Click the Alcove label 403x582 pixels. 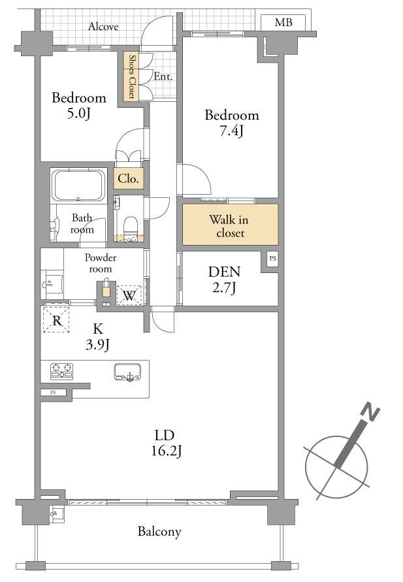pos(103,26)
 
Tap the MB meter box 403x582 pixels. pos(283,23)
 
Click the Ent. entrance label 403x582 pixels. pos(163,76)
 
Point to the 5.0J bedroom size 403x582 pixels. pos(78,113)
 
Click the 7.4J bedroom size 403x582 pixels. pos(231,131)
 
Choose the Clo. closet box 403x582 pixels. pos(129,178)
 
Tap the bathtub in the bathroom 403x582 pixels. pos(78,186)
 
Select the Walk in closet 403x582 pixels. pos(230,225)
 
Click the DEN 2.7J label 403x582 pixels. pos(225,280)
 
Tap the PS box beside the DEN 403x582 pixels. pos(273,258)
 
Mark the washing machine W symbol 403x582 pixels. pos(129,295)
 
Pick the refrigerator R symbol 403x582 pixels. pos(56,320)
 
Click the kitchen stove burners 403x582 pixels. pos(61,372)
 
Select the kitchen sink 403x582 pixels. pos(127,372)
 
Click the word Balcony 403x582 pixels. pos(159,532)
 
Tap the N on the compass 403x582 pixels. pos(370,412)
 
